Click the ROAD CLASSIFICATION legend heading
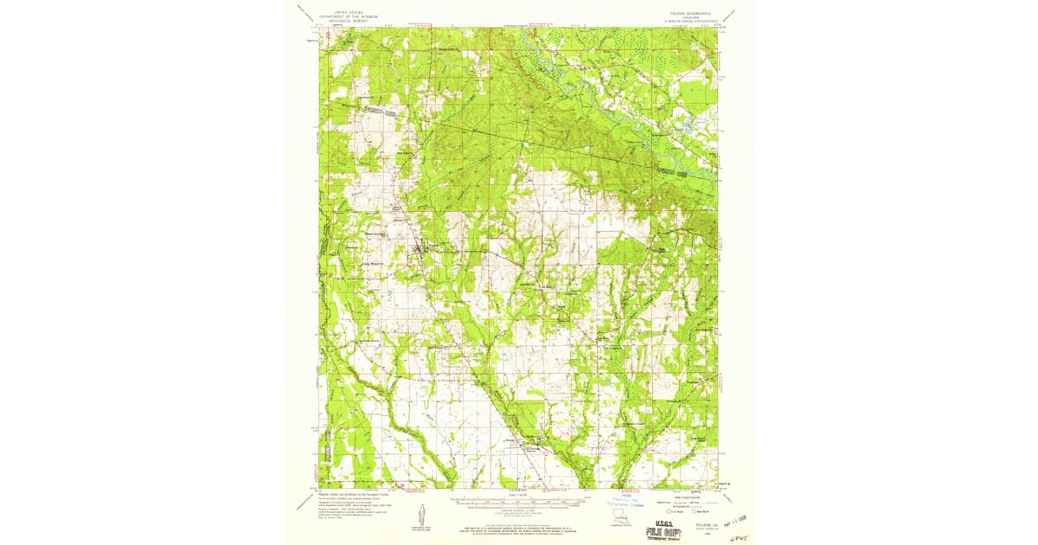click(x=683, y=496)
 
